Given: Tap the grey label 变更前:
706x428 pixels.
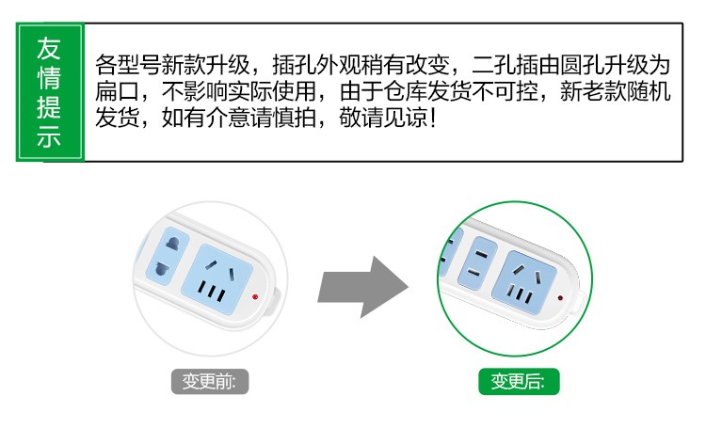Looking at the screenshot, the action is (x=209, y=382).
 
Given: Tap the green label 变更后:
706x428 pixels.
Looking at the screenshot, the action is (x=518, y=382).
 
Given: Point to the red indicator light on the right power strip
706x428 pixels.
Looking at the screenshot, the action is (x=560, y=298).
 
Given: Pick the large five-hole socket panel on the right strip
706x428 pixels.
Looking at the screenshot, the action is (x=528, y=279).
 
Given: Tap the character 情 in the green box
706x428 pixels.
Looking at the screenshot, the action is (x=49, y=76).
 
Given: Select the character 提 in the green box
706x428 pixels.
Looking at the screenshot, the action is (x=49, y=105).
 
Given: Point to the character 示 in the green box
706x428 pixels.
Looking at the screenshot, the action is (x=49, y=135).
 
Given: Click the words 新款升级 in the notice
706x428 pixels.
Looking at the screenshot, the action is (x=198, y=66).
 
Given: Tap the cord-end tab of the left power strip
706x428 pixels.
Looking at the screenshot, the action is (x=274, y=294).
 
